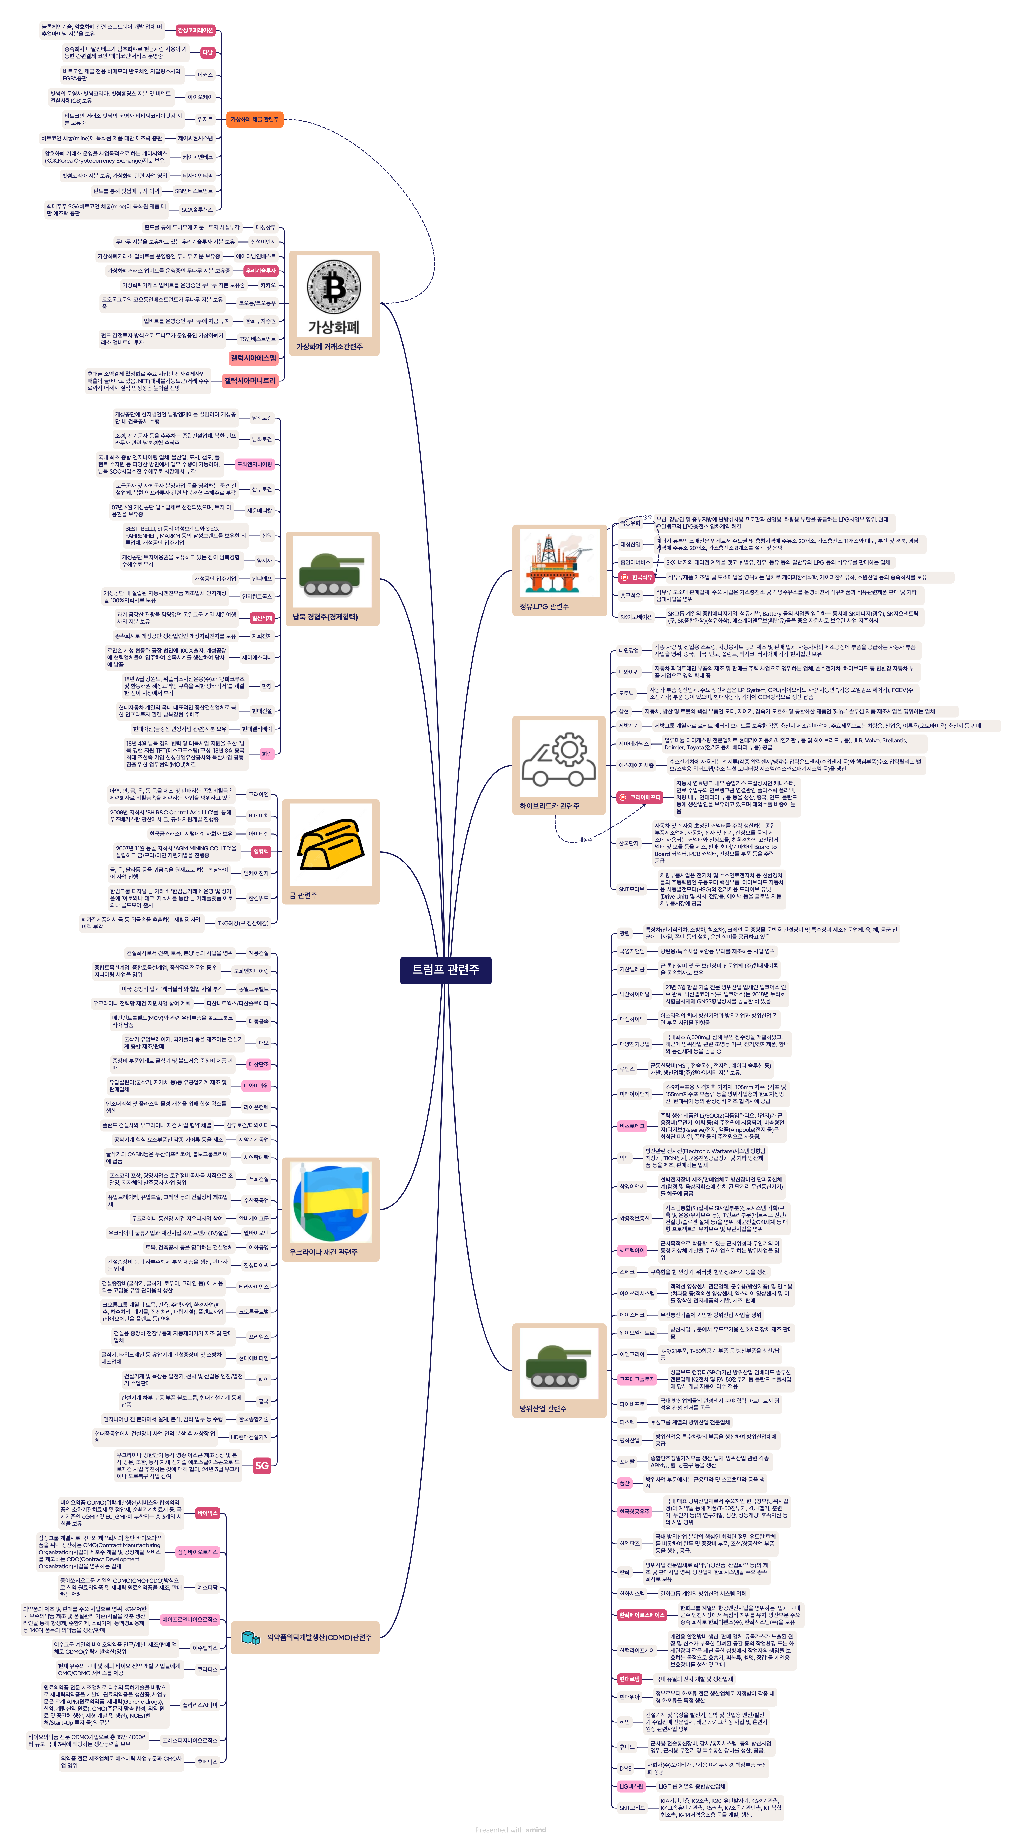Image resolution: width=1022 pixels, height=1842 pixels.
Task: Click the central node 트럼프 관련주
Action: (x=445, y=970)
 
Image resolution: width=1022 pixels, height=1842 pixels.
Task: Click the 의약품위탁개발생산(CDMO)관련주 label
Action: (x=319, y=1637)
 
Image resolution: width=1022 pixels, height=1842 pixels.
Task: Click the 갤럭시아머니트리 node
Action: (x=249, y=381)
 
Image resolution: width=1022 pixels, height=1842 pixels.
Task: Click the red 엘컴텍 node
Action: (x=261, y=852)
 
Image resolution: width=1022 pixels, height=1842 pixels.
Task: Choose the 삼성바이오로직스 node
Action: (x=197, y=1552)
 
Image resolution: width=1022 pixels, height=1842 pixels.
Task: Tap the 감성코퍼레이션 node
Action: (x=195, y=31)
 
